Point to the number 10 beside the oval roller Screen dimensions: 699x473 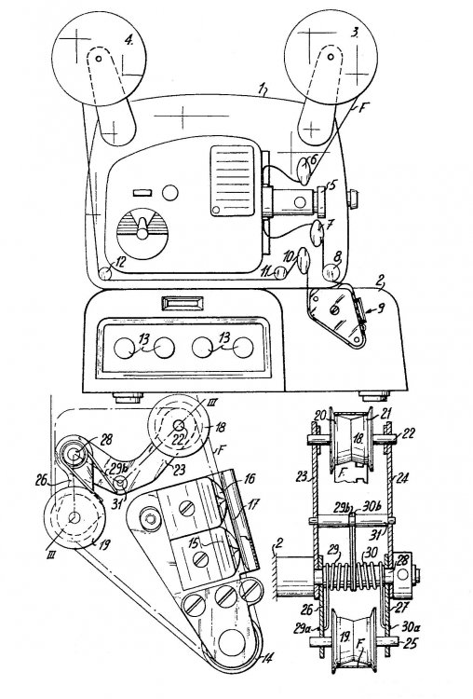(287, 253)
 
